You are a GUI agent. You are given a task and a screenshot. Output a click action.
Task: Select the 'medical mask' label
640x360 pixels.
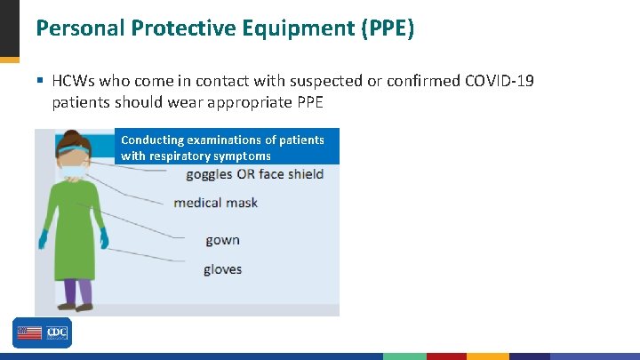[215, 203]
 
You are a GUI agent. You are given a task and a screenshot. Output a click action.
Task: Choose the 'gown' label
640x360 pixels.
[222, 240]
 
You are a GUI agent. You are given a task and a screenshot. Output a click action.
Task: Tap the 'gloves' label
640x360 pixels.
[222, 269]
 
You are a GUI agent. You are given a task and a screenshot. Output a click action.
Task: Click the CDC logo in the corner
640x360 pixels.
[42, 332]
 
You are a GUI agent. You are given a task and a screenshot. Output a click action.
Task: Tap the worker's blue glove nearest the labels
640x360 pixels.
[104, 238]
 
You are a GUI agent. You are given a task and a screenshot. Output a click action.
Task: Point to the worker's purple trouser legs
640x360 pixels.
[77, 291]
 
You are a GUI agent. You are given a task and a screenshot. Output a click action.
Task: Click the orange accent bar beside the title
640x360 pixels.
[9, 59]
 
